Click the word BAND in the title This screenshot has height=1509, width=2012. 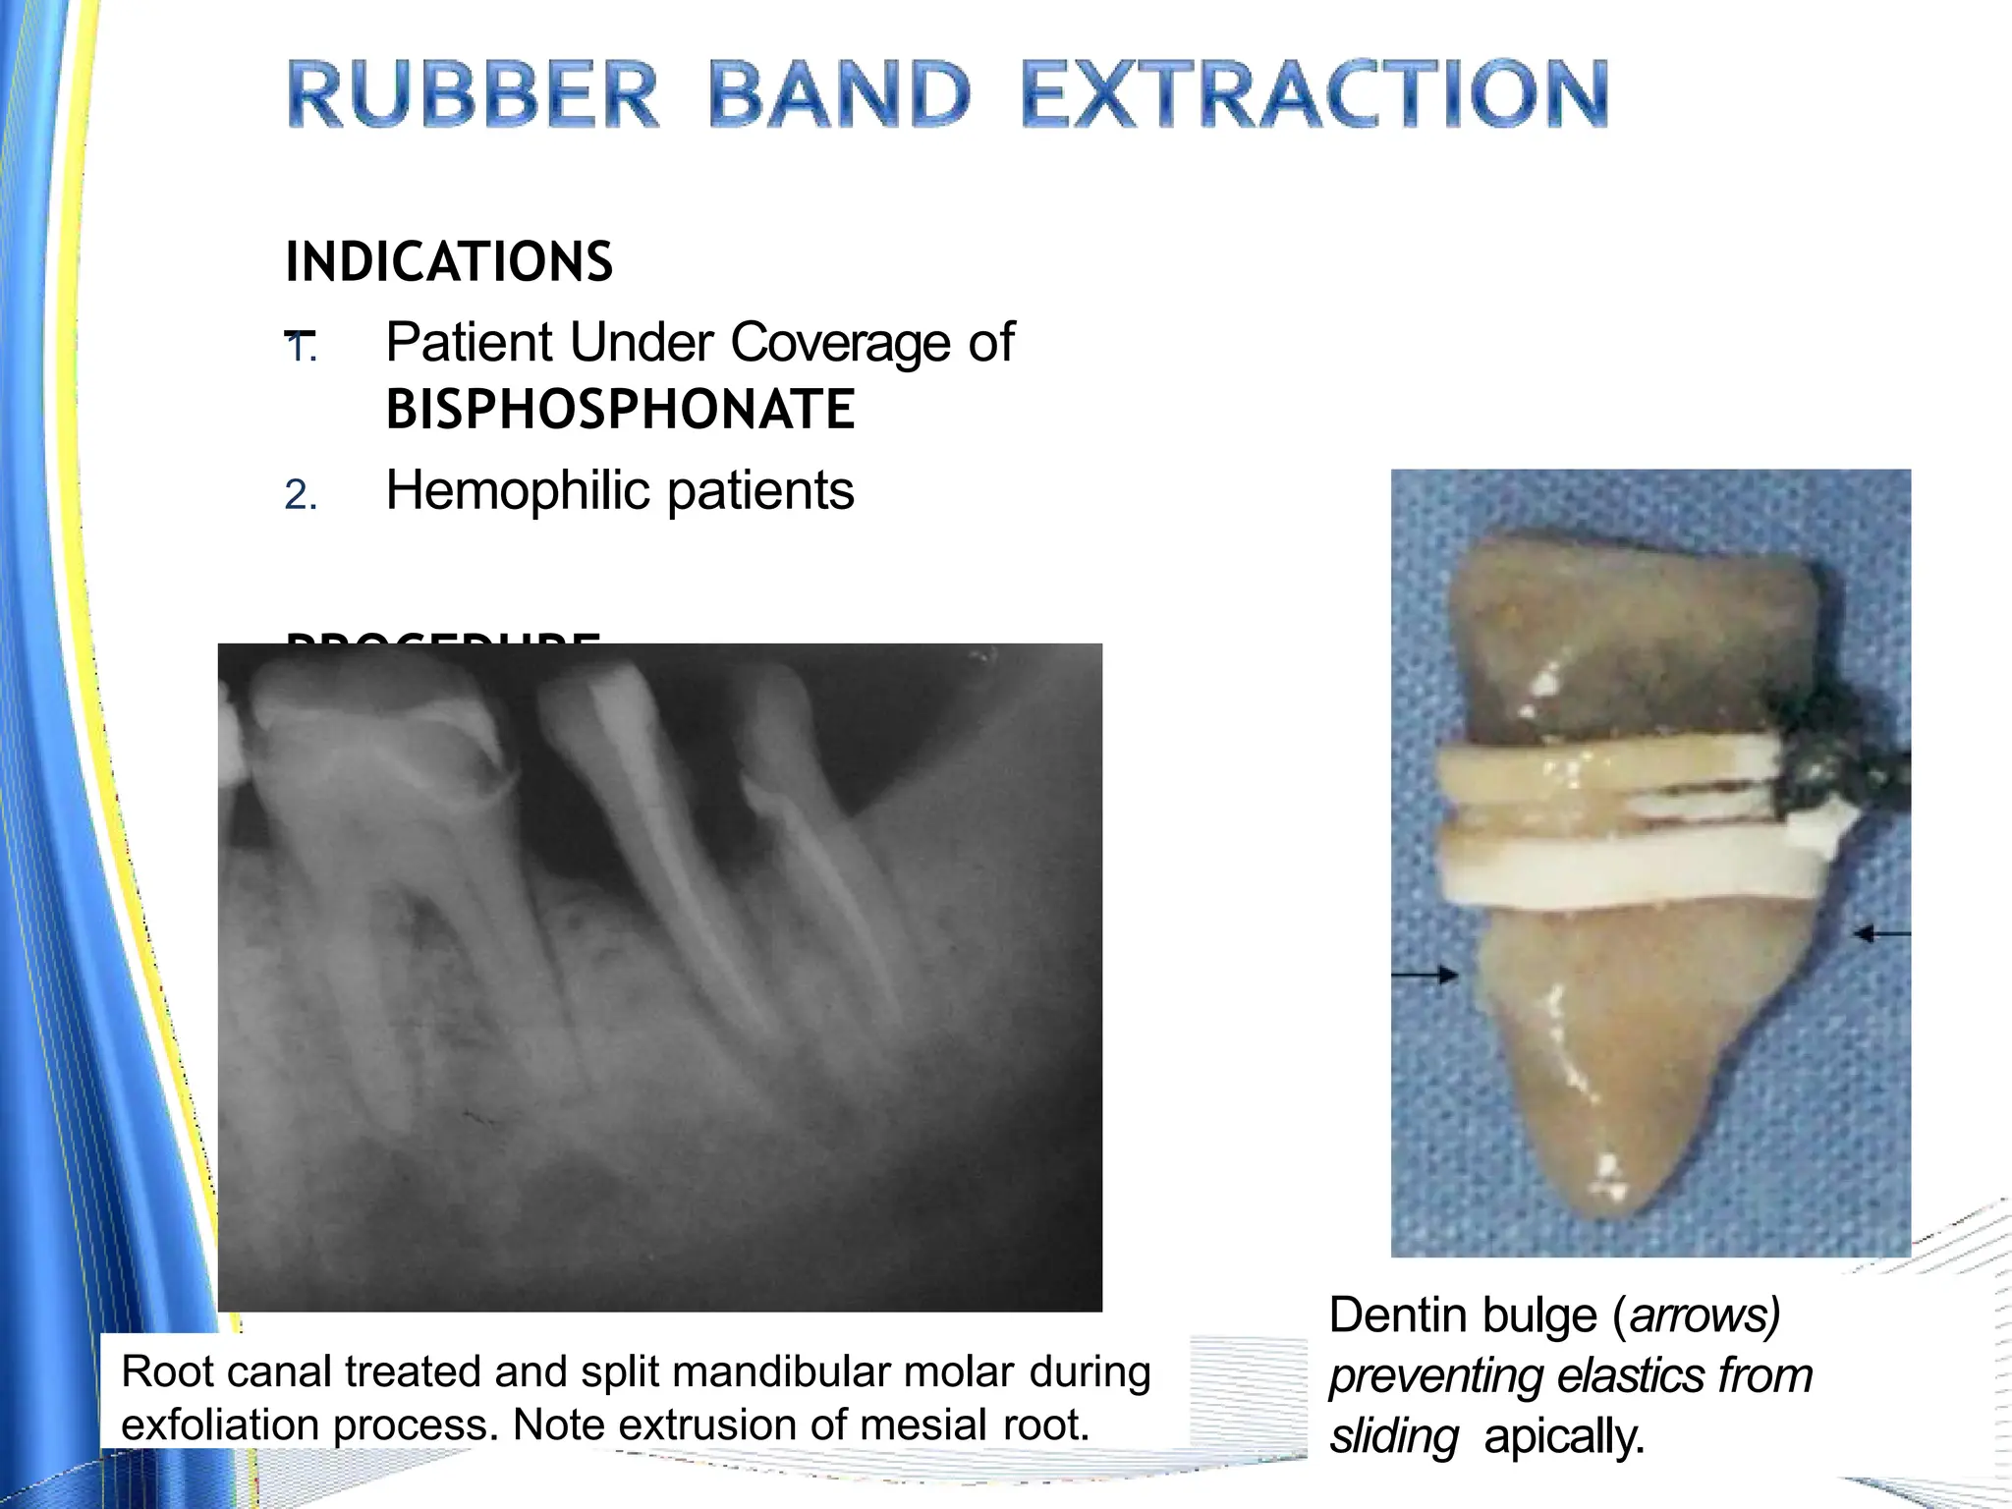(839, 94)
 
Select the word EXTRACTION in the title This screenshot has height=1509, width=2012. (1314, 94)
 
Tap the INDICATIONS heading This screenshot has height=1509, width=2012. (449, 262)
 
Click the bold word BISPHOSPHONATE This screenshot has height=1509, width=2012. (620, 410)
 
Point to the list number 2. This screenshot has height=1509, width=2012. (299, 495)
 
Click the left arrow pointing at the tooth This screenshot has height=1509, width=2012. (1425, 975)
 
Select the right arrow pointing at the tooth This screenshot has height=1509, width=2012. (1881, 933)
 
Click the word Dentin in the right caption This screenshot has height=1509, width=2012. (1395, 1315)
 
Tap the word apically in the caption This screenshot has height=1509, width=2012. (1564, 1436)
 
